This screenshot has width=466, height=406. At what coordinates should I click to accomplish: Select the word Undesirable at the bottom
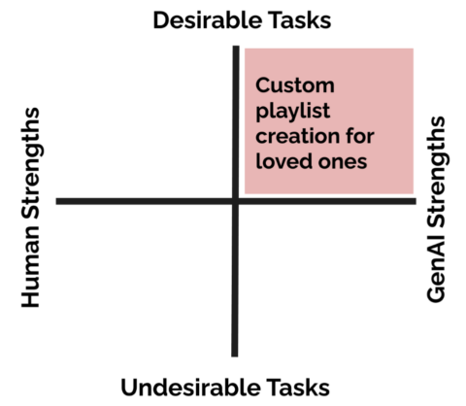pyautogui.click(x=190, y=388)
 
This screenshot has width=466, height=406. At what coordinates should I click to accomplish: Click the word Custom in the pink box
pyautogui.click(x=295, y=85)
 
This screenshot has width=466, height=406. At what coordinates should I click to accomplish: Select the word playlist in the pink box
pyautogui.click(x=293, y=112)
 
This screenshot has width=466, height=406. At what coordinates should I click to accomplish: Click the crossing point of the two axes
pyautogui.click(x=235, y=201)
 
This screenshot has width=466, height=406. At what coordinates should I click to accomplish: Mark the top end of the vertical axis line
pyautogui.click(x=236, y=47)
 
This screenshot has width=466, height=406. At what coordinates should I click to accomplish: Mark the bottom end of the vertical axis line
pyautogui.click(x=235, y=356)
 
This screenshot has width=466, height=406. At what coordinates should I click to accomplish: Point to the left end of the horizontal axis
pyautogui.click(x=57, y=201)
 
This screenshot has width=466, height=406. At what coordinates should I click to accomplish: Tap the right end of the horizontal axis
pyautogui.click(x=416, y=201)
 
